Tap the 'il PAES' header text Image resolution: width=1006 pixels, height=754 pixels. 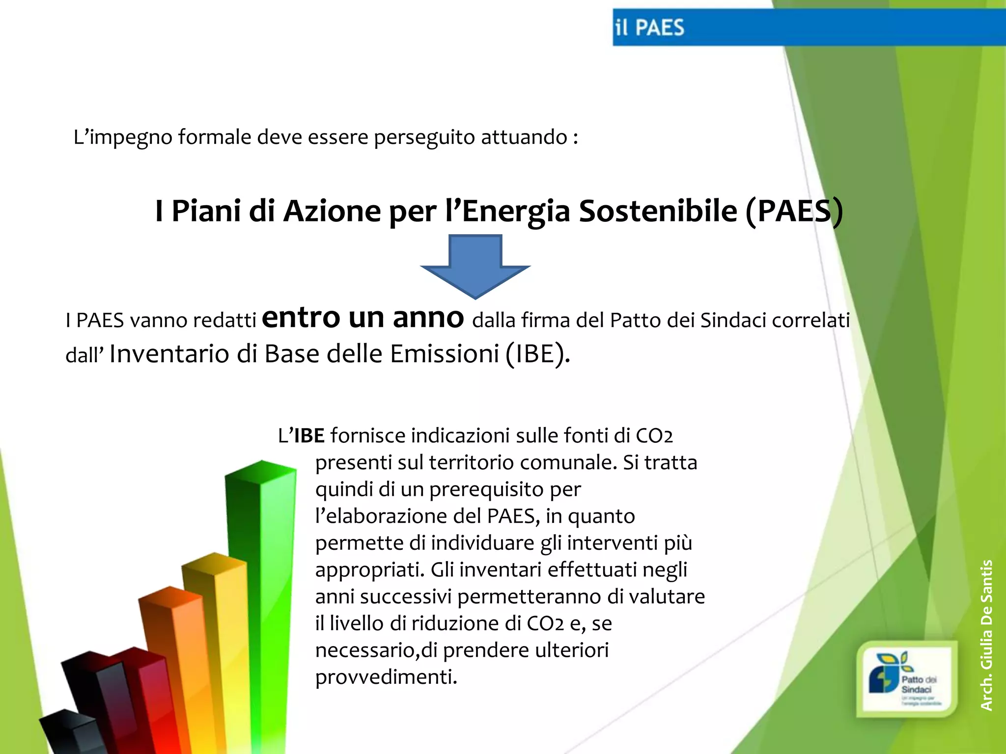(649, 28)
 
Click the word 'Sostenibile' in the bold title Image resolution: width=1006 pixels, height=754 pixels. (658, 211)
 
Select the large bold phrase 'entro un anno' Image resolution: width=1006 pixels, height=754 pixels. (363, 317)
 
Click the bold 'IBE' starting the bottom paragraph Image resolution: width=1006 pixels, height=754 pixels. (309, 435)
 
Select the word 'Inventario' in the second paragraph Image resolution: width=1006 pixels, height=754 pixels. (169, 354)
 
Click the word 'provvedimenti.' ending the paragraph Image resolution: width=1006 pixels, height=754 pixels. (386, 677)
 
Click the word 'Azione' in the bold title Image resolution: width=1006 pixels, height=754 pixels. (332, 211)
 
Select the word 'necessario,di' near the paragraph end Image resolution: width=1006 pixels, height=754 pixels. (376, 650)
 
